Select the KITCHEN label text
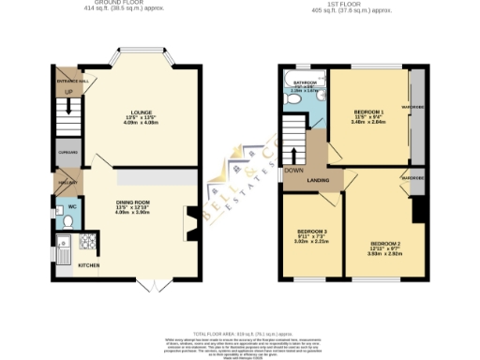[88, 265]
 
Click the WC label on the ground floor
[70, 206]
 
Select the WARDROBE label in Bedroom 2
[413, 178]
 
